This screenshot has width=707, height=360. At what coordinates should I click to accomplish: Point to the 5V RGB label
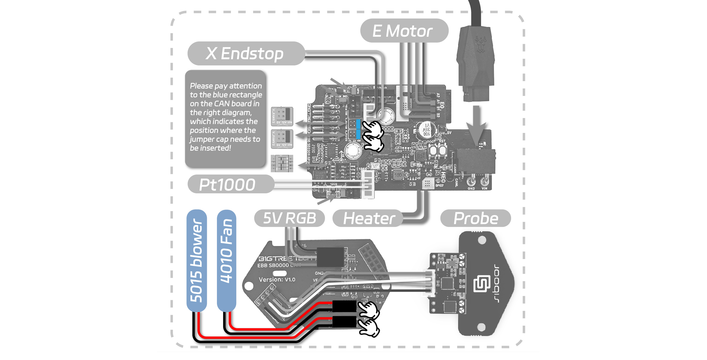289,218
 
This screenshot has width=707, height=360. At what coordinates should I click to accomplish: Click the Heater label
368,218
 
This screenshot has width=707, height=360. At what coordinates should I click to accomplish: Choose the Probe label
476,218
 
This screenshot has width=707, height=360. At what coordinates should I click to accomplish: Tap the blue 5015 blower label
197,261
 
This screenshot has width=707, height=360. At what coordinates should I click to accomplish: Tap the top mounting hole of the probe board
482,240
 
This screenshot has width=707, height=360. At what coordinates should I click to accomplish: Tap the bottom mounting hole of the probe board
481,327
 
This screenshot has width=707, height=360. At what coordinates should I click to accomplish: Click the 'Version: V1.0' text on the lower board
277,279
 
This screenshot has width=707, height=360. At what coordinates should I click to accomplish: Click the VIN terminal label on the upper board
484,188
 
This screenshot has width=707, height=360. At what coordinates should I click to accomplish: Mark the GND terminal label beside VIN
471,188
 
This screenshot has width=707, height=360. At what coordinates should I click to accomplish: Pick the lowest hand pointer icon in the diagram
369,327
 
